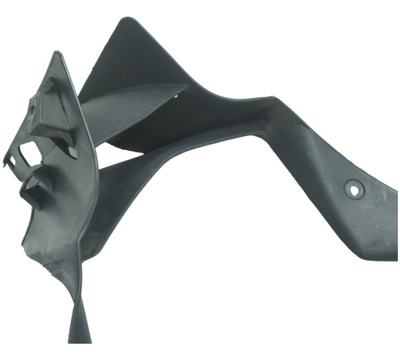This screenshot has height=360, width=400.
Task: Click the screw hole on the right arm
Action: click(354, 190)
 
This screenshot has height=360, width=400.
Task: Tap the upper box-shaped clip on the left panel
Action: click(51, 115)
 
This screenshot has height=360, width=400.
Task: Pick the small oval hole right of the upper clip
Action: click(73, 153)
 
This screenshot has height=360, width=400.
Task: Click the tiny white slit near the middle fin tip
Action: click(175, 96)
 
